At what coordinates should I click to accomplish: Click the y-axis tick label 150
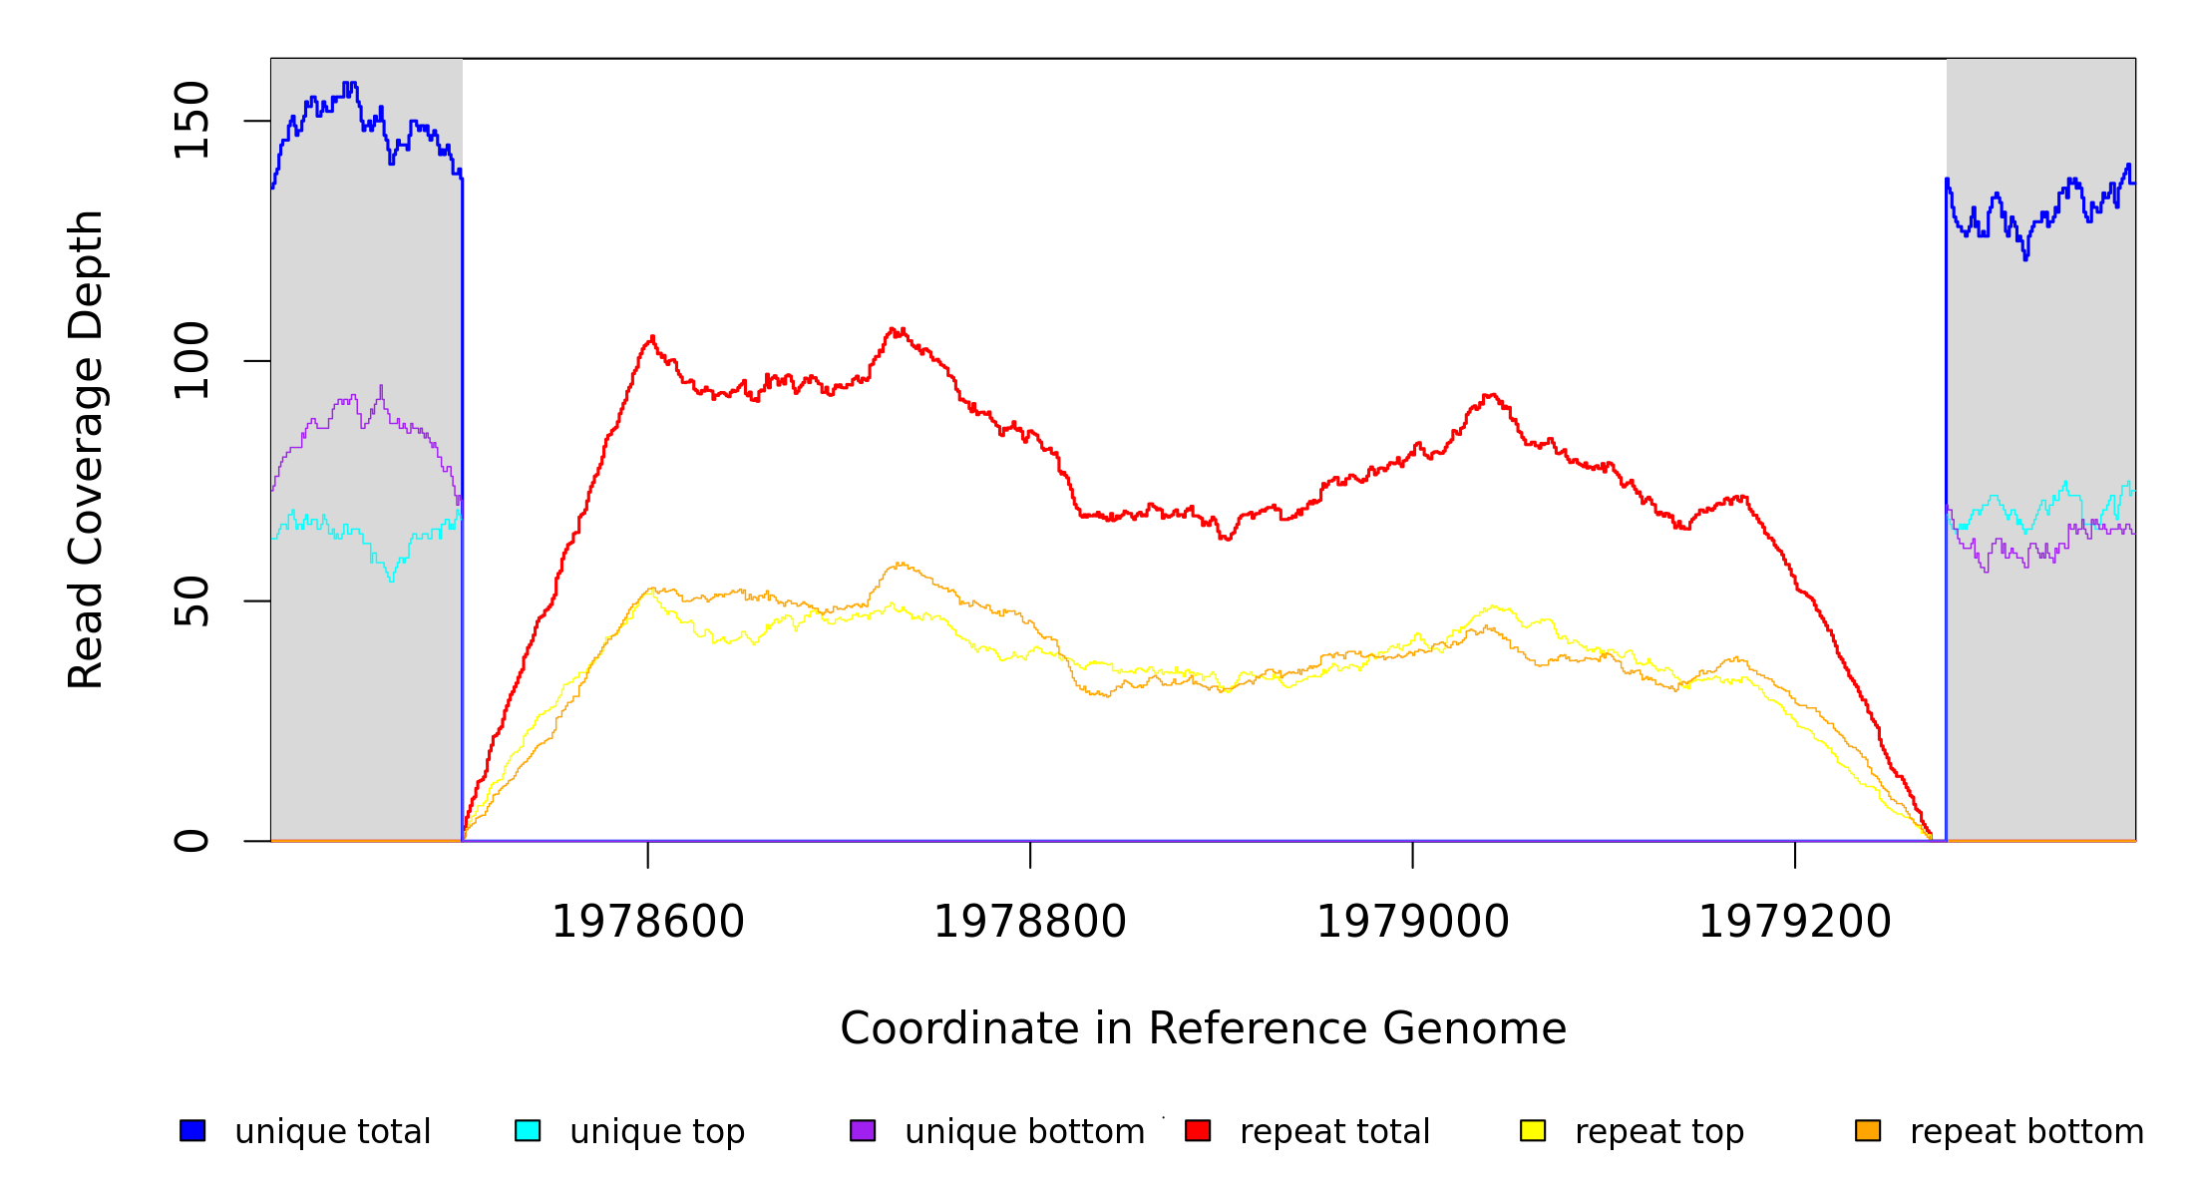[x=191, y=121]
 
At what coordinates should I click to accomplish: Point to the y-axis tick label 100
[x=191, y=361]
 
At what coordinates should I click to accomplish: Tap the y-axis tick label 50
[x=191, y=600]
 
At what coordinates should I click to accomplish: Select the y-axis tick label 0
[x=191, y=841]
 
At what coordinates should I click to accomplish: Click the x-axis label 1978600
[x=648, y=922]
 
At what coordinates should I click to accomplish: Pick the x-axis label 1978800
[x=1030, y=922]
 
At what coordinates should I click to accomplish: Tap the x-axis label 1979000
[x=1413, y=922]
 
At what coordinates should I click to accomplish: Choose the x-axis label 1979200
[x=1795, y=922]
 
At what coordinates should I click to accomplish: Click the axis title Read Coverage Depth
[x=86, y=449]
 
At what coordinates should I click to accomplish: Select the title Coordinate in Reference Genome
[x=1203, y=1028]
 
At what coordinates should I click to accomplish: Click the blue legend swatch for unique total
[x=192, y=1130]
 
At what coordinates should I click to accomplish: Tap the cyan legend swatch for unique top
[x=528, y=1130]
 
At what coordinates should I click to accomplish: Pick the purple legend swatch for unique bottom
[x=863, y=1130]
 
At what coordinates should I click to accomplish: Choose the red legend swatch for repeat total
[x=1198, y=1130]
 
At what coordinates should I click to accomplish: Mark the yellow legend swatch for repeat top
[x=1533, y=1130]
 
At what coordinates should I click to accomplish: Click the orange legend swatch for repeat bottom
[x=1868, y=1130]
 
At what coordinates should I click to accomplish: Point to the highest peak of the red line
[x=894, y=329]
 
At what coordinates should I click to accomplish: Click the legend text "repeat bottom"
[x=2026, y=1132]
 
